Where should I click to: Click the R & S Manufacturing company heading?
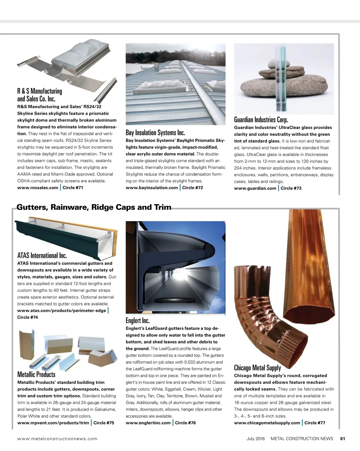40,95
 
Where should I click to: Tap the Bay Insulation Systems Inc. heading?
155,133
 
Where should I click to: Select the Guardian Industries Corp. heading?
261,120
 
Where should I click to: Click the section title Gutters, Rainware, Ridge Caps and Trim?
94,207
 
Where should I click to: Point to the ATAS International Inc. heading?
42,255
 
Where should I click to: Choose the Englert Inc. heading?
137,321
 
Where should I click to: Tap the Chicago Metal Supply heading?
257,368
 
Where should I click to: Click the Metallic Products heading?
36,374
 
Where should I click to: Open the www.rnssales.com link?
38,188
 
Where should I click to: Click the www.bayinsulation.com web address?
152,188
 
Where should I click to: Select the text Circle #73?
291,188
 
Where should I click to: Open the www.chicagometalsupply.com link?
267,423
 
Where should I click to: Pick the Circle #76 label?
185,423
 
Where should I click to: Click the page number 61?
343,438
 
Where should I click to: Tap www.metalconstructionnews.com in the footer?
57,438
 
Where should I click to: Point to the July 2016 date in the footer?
256,438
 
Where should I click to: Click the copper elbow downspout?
264,318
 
